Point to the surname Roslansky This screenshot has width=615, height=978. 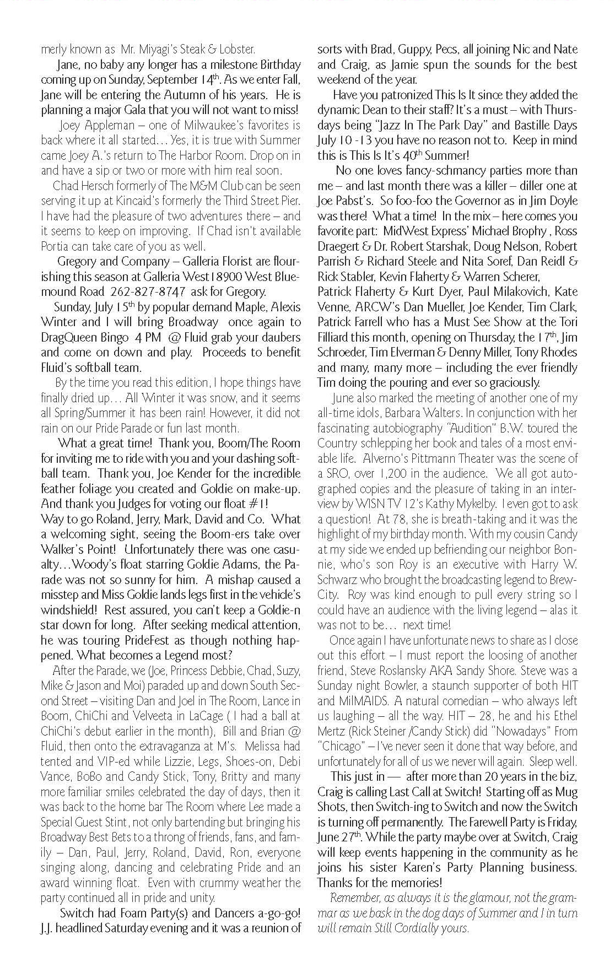point(428,671)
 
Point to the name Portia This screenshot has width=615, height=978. point(56,246)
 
